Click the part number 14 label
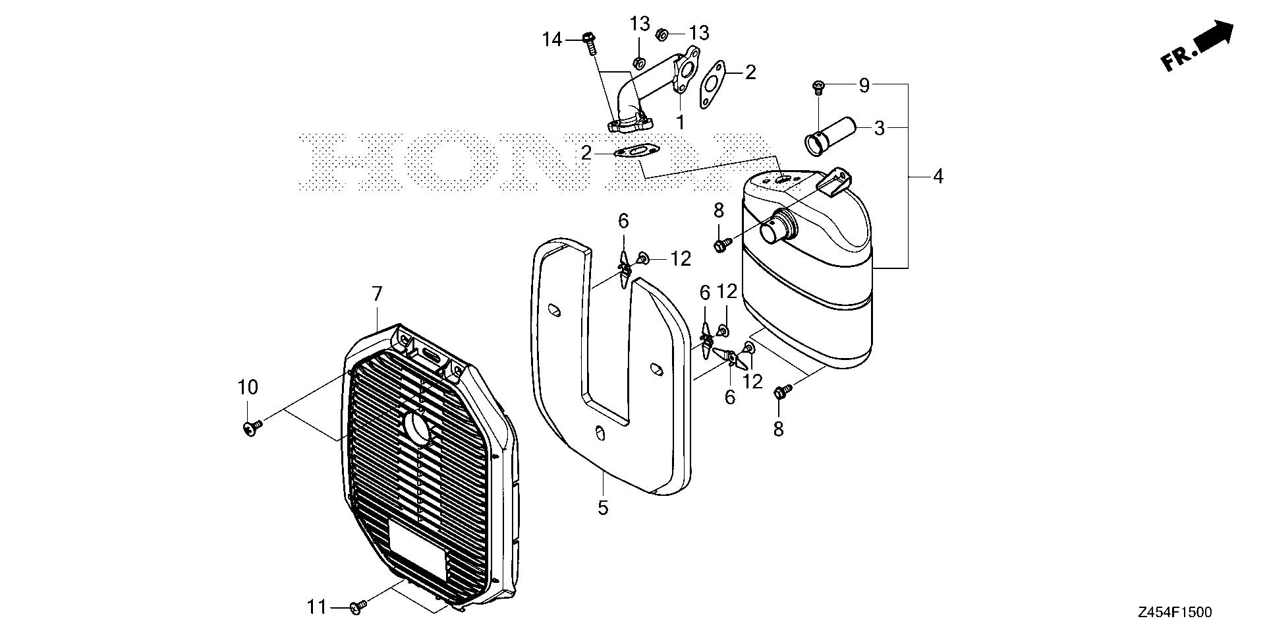point(552,40)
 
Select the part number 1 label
point(680,122)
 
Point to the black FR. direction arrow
point(1214,38)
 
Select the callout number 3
point(879,128)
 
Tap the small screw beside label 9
point(819,85)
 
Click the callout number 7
point(377,294)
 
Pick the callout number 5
point(603,508)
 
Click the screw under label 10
point(250,428)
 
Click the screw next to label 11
point(358,607)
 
